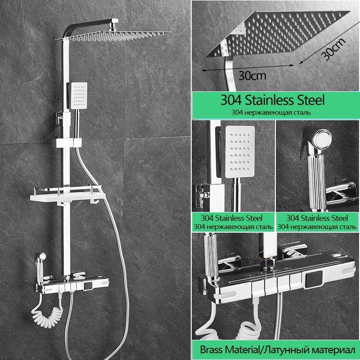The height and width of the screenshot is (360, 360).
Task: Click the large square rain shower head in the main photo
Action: tap(114, 37)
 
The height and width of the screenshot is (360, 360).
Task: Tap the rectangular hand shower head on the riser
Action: tap(79, 95)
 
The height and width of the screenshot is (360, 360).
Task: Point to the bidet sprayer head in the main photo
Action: tap(42, 256)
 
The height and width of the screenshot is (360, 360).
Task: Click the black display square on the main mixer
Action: tap(88, 286)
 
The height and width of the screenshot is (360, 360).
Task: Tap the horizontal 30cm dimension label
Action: tap(252, 75)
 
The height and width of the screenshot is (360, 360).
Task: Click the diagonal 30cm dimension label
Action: tap(333, 49)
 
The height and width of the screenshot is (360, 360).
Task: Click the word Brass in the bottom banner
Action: tap(211, 350)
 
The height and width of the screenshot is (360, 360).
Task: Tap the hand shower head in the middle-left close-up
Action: tap(240, 152)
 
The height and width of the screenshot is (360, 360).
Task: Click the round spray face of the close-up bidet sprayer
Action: tap(323, 139)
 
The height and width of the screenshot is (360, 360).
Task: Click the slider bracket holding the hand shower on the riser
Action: tap(69, 143)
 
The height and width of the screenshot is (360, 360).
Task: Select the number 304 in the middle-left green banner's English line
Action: tap(207, 218)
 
